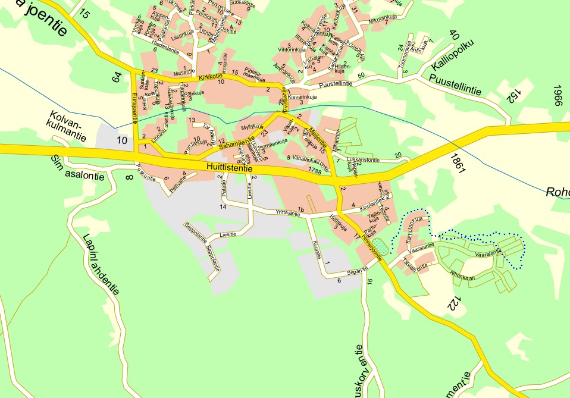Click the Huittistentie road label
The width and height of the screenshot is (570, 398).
point(230,169)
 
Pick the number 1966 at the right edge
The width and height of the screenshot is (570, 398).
point(557,95)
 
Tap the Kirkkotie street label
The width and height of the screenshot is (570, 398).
point(211,78)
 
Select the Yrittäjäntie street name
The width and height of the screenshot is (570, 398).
point(287,213)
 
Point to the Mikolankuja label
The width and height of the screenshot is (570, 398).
point(382,20)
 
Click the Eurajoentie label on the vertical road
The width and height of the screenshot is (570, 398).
point(134,107)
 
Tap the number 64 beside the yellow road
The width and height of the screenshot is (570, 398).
point(117,77)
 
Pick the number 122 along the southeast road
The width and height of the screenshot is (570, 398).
point(455,302)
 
